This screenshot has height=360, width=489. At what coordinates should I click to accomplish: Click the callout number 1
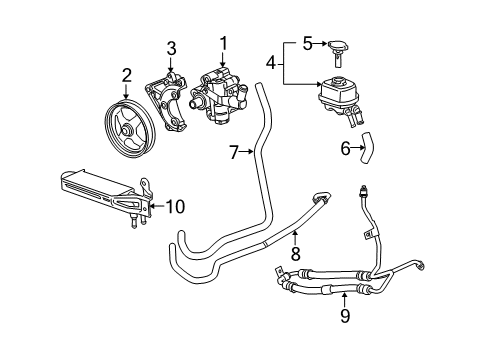[x=224, y=44]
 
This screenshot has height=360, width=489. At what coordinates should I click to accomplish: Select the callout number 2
[x=127, y=73]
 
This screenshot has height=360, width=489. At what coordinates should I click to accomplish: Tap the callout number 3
[x=171, y=47]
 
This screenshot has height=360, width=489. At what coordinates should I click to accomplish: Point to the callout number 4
[x=270, y=65]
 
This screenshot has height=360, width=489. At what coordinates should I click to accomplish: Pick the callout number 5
[x=308, y=43]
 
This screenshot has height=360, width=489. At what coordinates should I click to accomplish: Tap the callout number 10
[x=175, y=208]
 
